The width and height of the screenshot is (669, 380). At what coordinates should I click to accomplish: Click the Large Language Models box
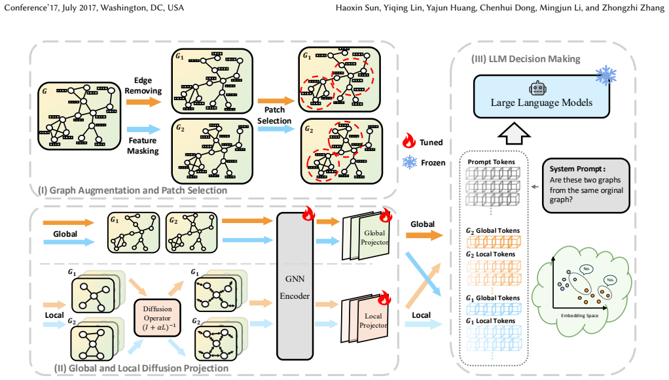pyautogui.click(x=541, y=96)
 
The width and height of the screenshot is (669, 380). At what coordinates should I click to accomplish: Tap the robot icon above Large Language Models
pyautogui.click(x=537, y=88)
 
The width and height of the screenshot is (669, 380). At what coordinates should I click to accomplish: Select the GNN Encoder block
pyautogui.click(x=295, y=286)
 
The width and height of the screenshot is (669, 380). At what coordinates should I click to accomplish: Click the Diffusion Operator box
pyautogui.click(x=157, y=318)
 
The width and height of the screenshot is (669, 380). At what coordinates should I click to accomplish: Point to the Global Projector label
pyautogui.click(x=374, y=237)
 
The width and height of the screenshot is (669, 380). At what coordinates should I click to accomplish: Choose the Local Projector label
pyautogui.click(x=373, y=320)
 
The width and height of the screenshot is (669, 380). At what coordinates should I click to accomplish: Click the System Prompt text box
pyautogui.click(x=586, y=186)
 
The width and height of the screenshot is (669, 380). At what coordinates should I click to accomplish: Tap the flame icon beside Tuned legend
pyautogui.click(x=408, y=140)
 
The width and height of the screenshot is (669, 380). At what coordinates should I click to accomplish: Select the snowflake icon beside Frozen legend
pyautogui.click(x=410, y=162)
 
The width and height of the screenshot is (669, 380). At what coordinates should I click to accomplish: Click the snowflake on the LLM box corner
pyautogui.click(x=606, y=75)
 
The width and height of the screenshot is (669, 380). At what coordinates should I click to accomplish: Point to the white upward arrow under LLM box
pyautogui.click(x=514, y=133)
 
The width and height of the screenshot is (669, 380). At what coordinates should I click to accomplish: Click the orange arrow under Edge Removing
pyautogui.click(x=143, y=102)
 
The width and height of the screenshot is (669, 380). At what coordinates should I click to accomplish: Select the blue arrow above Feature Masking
pyautogui.click(x=143, y=130)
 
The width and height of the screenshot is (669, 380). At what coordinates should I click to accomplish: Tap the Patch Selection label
pyautogui.click(x=274, y=115)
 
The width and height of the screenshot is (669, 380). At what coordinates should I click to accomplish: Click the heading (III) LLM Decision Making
pyautogui.click(x=526, y=59)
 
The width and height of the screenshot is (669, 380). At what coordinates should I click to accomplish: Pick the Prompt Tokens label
pyautogui.click(x=491, y=162)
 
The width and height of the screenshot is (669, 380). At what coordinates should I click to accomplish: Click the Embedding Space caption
pyautogui.click(x=579, y=316)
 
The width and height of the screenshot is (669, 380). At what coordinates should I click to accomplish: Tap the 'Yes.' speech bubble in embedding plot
pyautogui.click(x=610, y=280)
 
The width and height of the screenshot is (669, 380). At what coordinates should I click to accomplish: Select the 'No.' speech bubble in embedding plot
pyautogui.click(x=587, y=269)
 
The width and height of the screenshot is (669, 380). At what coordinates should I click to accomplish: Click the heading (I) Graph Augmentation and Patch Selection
pyautogui.click(x=132, y=190)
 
